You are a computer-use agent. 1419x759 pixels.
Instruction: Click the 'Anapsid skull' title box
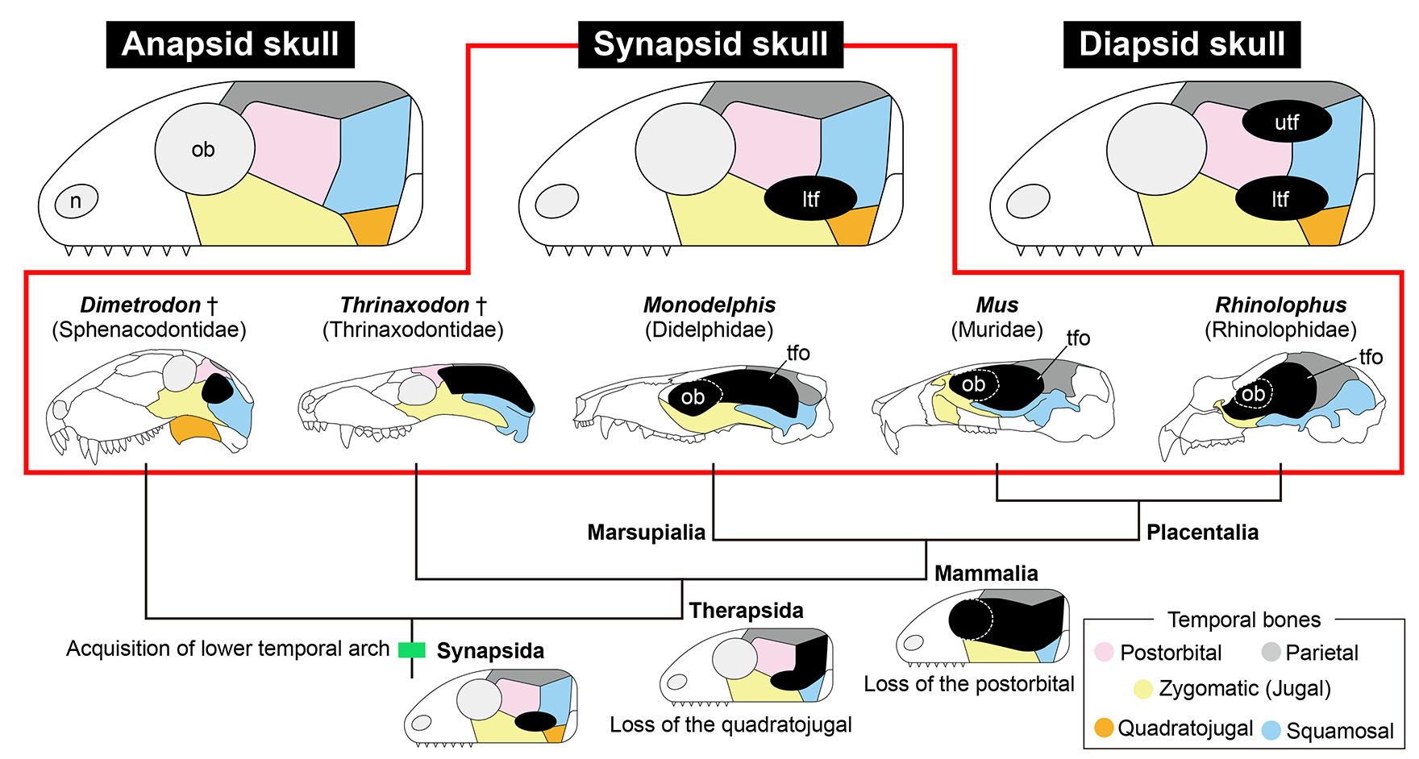(x=230, y=44)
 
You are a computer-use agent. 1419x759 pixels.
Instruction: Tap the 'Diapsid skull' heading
(x=1181, y=44)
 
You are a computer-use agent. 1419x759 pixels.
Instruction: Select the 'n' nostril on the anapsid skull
(x=76, y=201)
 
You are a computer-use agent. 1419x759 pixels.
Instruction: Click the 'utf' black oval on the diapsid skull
(x=1286, y=122)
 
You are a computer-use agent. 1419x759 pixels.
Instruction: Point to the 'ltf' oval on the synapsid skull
(x=809, y=199)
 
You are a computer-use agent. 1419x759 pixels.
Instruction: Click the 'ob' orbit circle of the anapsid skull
(x=204, y=150)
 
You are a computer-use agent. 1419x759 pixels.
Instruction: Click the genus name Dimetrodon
(x=140, y=305)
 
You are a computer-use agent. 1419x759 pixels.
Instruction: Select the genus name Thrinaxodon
(x=405, y=305)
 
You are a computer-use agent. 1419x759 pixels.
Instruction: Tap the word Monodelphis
(x=709, y=305)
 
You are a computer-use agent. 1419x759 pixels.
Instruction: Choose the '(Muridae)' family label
(x=997, y=330)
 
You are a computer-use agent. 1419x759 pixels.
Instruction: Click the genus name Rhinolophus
(x=1280, y=305)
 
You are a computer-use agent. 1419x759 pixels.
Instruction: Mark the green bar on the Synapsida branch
(x=412, y=649)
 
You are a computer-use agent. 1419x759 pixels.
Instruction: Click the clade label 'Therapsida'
(x=746, y=611)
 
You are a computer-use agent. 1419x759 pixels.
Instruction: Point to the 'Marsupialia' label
(x=646, y=533)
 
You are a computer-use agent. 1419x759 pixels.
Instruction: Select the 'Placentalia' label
(x=1201, y=533)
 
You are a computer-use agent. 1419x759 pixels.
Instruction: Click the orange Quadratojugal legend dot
(x=1104, y=728)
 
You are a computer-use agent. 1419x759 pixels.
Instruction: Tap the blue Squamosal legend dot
(x=1271, y=730)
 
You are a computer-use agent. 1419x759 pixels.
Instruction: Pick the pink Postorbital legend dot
(x=1104, y=653)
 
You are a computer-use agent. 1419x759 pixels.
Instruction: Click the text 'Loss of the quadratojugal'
(x=730, y=724)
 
